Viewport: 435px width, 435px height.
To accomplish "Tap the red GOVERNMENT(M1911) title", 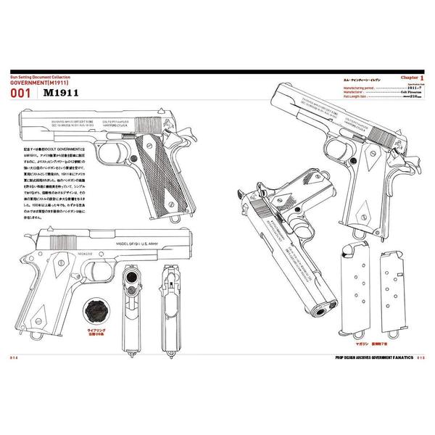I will click(x=43, y=83).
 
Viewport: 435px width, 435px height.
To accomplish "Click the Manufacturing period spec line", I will click(x=376, y=87).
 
